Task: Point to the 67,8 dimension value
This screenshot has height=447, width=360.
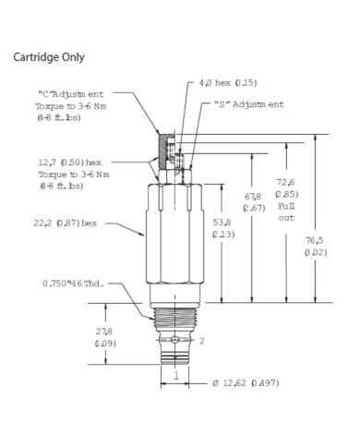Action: point(253,196)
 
